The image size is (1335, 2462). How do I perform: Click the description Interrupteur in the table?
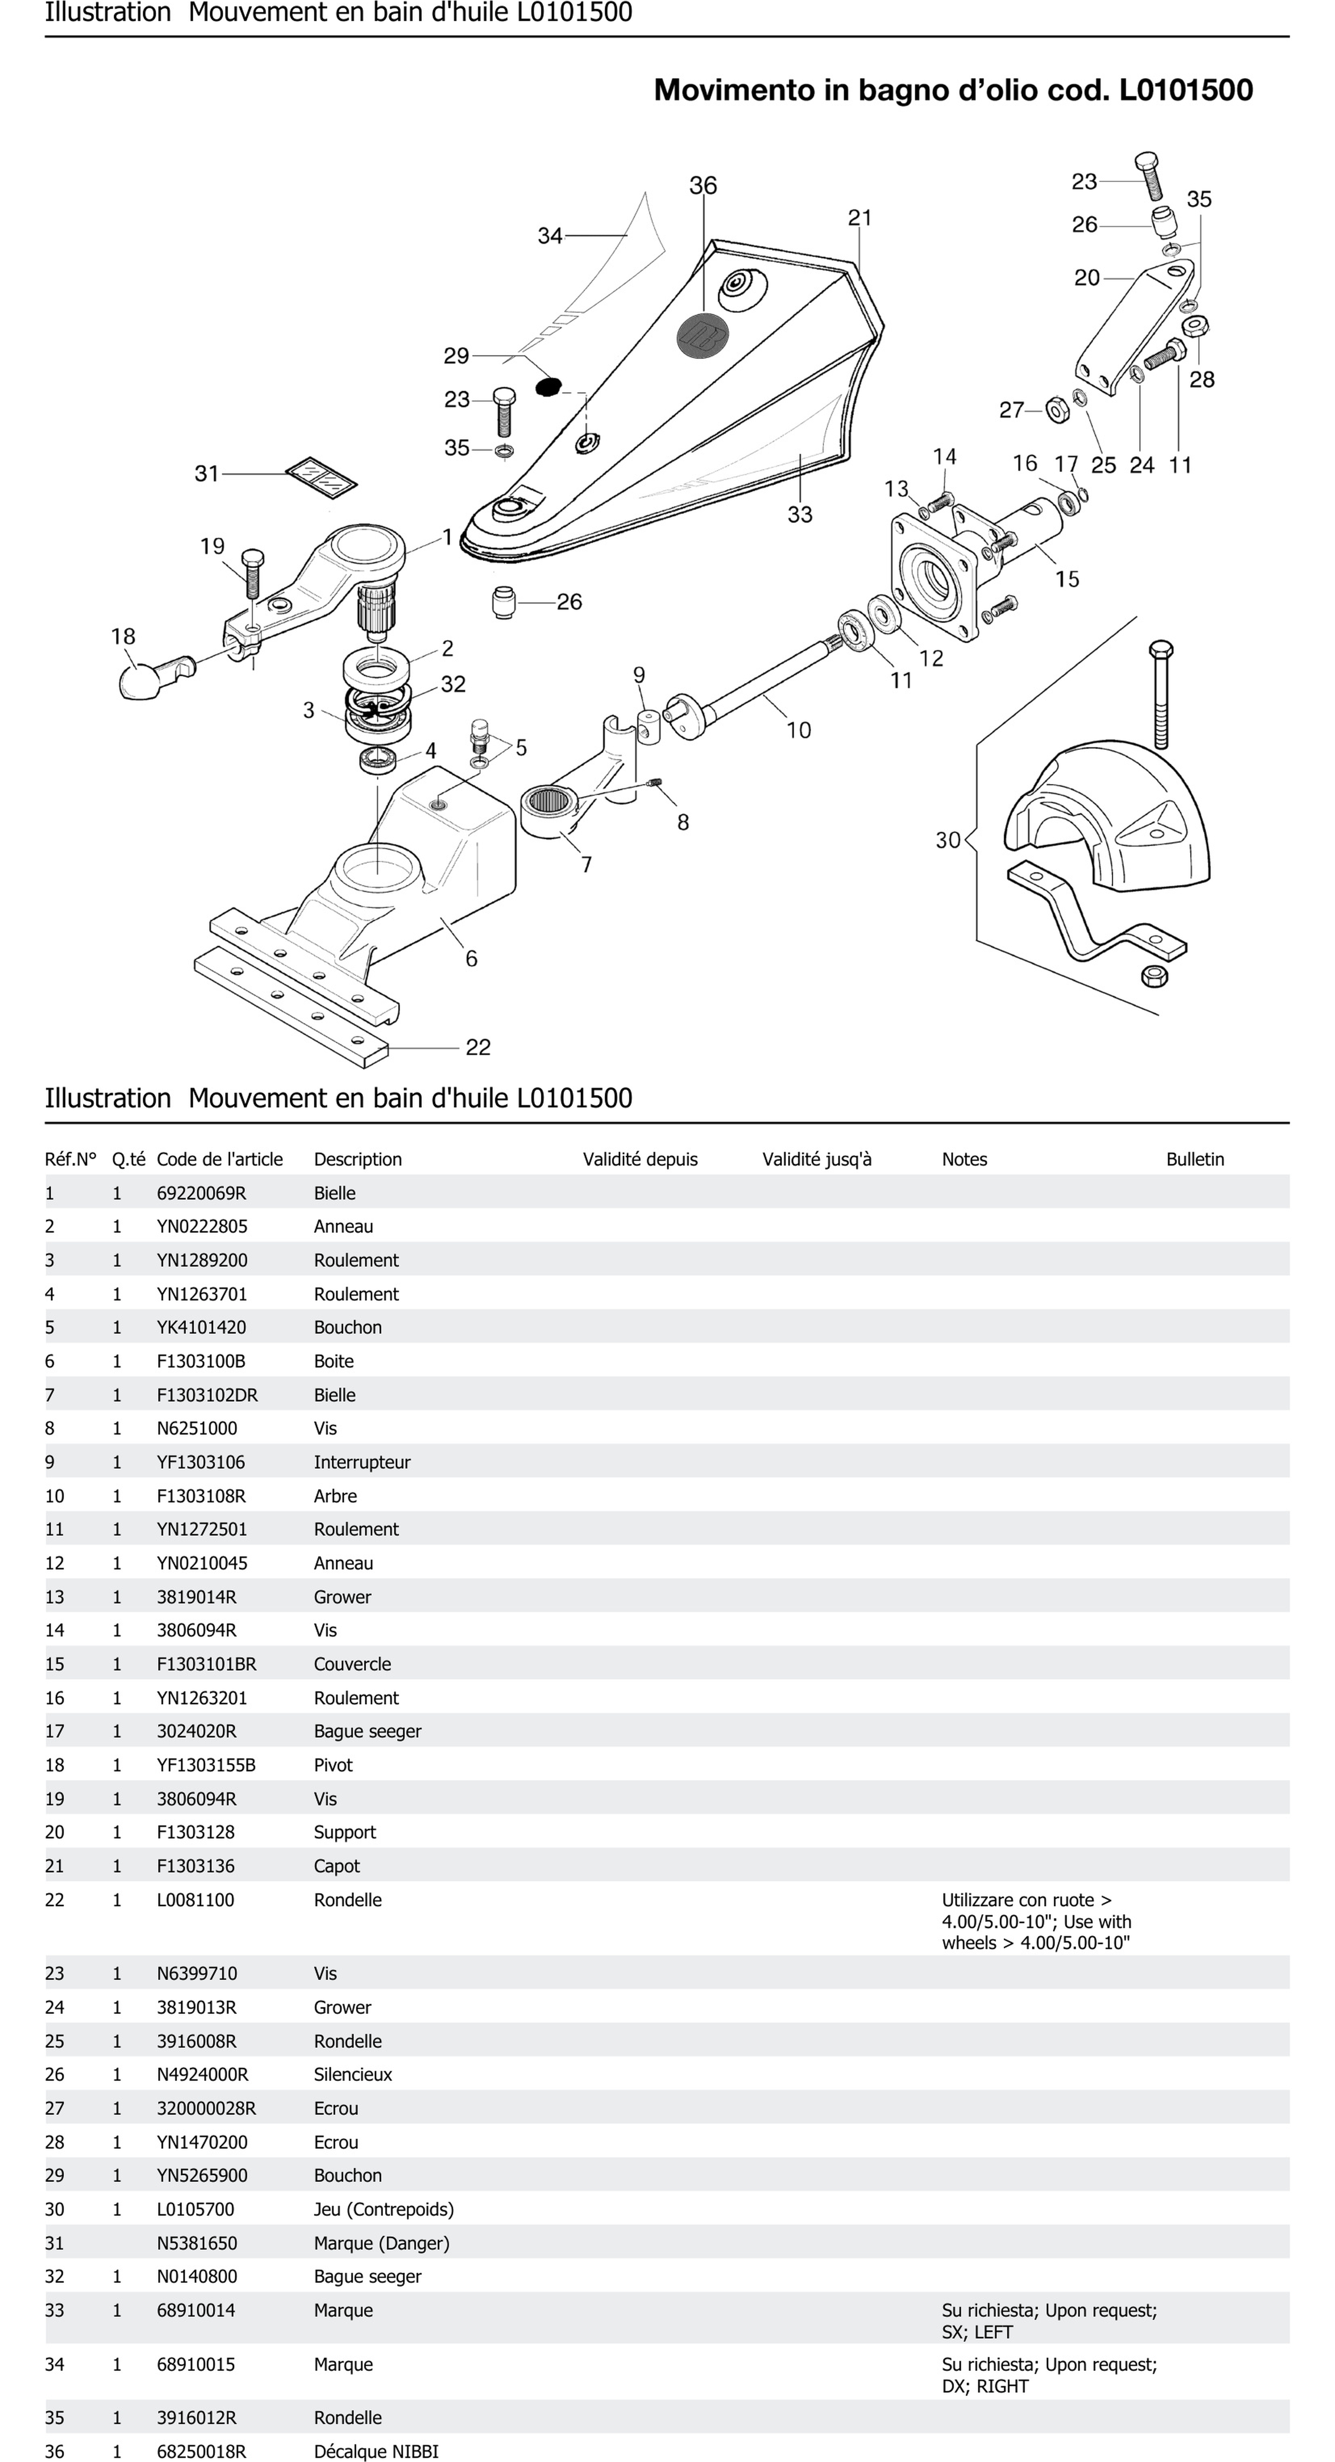(x=362, y=1462)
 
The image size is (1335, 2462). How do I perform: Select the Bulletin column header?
(x=1194, y=1160)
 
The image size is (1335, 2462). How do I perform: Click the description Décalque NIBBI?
(x=376, y=2451)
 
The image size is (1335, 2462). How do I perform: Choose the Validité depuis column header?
(x=640, y=1160)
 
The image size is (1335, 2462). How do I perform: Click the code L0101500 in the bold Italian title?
(x=1186, y=90)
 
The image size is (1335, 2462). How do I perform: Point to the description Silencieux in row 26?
(x=353, y=2074)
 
